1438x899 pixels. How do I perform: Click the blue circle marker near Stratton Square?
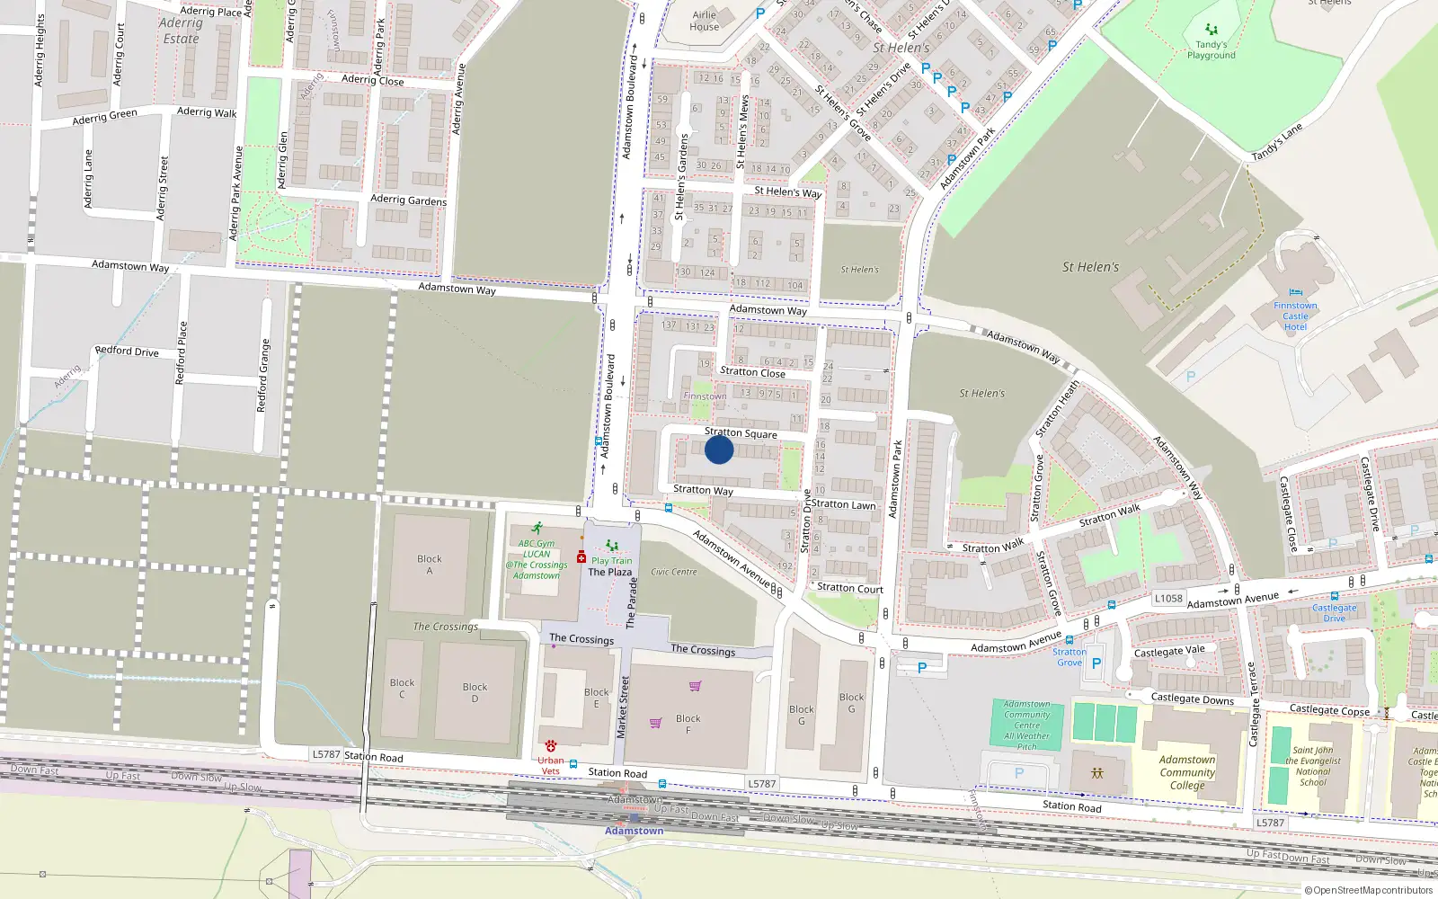[719, 449]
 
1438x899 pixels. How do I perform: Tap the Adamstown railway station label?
[634, 831]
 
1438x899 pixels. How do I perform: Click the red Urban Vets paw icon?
[551, 746]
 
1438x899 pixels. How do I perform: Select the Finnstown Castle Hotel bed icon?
[1295, 292]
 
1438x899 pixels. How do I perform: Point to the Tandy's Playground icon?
[1211, 30]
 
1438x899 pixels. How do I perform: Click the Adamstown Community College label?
[1187, 772]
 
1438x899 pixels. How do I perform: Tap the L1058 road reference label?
[1168, 598]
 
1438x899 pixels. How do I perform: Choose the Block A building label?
[430, 565]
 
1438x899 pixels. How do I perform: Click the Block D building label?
[475, 692]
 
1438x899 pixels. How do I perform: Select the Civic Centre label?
[674, 572]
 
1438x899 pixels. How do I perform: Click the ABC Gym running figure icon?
[537, 529]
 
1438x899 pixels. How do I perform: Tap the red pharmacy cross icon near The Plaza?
[581, 557]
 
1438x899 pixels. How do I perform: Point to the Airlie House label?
[705, 21]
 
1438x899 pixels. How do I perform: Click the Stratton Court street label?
[849, 589]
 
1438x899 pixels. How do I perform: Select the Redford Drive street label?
[127, 352]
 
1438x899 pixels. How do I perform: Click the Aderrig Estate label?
[181, 31]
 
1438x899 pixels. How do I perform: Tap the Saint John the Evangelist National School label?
[1312, 766]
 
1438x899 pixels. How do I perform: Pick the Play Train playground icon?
[612, 546]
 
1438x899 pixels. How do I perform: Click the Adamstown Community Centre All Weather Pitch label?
[1027, 725]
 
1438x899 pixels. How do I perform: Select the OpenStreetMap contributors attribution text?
[1369, 890]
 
